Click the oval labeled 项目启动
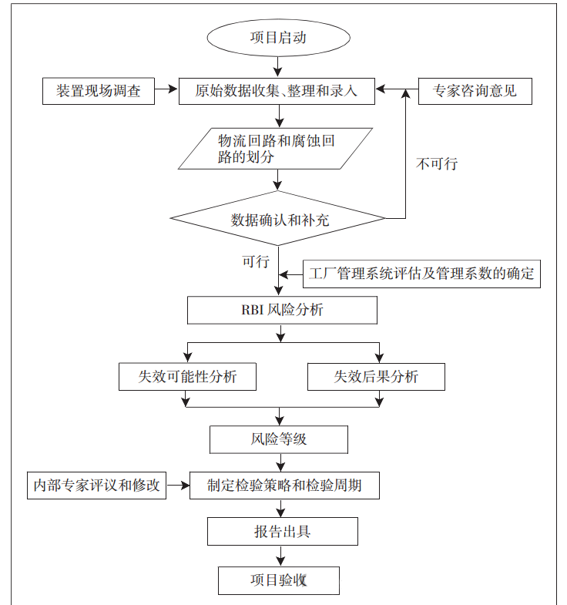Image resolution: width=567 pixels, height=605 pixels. coord(278,38)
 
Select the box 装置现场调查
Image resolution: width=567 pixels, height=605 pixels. coord(98,91)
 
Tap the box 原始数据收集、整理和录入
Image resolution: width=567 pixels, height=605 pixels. coord(278,91)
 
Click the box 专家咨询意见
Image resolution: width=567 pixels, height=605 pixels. coord(475,91)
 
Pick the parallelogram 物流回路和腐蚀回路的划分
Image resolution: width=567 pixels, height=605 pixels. coord(275,148)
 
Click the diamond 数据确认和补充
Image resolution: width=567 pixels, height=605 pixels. coord(278,219)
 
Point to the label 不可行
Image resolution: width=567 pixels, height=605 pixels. coord(437,163)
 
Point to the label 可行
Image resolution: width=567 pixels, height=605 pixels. coord(255,262)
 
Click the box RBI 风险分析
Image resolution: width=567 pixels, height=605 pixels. coord(282,311)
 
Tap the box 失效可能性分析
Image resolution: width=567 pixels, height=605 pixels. coord(187,376)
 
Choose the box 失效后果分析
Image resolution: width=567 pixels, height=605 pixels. coord(375,376)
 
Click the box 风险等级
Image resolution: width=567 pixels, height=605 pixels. coord(279,439)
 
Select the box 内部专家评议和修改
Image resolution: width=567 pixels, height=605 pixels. coord(96,486)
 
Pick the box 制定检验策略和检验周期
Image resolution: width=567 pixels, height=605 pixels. coord(284,486)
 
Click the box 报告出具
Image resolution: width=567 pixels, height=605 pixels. coord(282,532)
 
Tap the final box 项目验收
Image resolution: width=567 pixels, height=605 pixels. coord(278,580)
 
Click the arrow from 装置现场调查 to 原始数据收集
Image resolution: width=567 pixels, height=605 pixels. coord(166,91)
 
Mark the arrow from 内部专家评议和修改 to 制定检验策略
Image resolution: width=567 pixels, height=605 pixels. coord(178,486)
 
